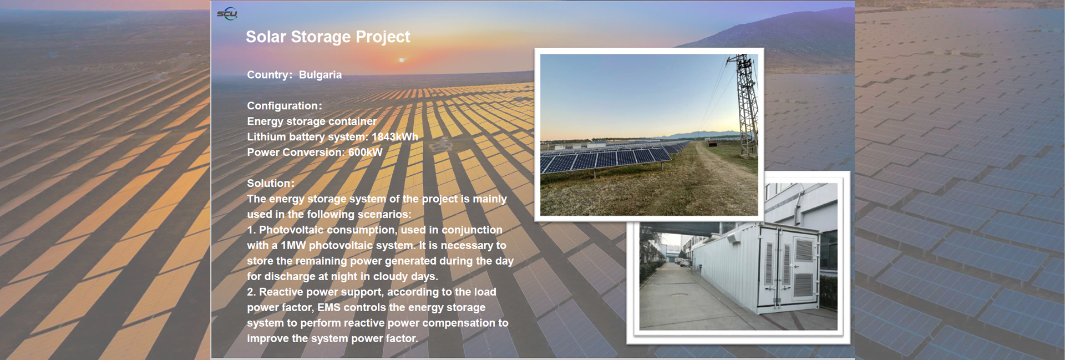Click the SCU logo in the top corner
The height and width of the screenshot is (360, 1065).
click(227, 13)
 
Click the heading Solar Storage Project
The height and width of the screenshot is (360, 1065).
click(328, 37)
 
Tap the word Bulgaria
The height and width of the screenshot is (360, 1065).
click(320, 75)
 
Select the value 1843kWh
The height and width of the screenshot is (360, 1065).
click(395, 137)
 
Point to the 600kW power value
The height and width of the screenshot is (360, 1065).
click(366, 153)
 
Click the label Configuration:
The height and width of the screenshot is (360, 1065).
click(285, 106)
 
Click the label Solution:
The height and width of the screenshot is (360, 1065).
click(271, 184)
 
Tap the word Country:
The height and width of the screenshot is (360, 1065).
click(270, 75)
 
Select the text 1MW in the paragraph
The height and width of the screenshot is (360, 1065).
click(293, 246)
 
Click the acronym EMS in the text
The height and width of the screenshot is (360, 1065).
click(329, 308)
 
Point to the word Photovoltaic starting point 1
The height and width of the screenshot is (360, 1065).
click(291, 230)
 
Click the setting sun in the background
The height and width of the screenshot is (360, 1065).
click(402, 60)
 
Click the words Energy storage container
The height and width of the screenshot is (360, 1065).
click(312, 121)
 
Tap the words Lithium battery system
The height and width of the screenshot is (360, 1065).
click(306, 137)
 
